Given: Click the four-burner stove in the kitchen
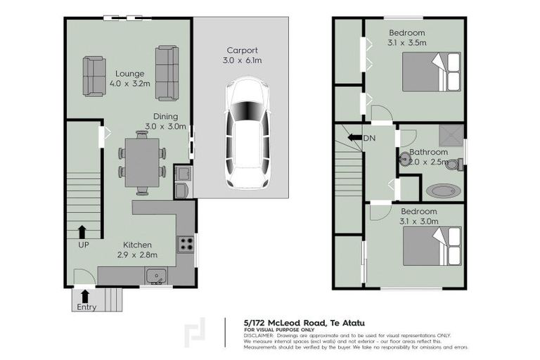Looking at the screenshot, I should pyautogui.click(x=186, y=245).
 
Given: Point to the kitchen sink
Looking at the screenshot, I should pyautogui.click(x=155, y=275).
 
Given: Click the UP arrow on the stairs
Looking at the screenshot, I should pyautogui.click(x=83, y=232).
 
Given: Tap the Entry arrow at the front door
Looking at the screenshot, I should pyautogui.click(x=86, y=295).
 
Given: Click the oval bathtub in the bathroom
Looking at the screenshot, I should pyautogui.click(x=443, y=190).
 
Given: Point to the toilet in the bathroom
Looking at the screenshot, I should pyautogui.click(x=454, y=165).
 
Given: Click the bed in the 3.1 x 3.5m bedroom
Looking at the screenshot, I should pyautogui.click(x=430, y=72).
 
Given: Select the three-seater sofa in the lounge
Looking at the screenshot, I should pyautogui.click(x=167, y=73).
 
